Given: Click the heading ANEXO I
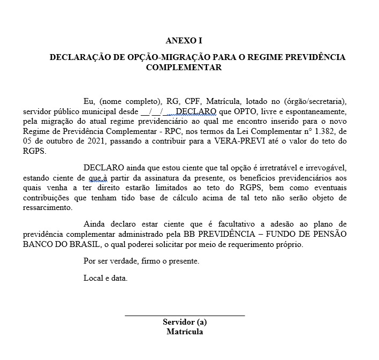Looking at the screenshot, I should click(184, 40).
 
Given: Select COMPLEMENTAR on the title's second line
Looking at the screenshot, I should click(184, 67).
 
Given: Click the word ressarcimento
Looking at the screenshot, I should click(48, 208).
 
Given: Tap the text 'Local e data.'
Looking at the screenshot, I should click(106, 278).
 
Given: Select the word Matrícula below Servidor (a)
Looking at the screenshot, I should click(185, 332).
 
